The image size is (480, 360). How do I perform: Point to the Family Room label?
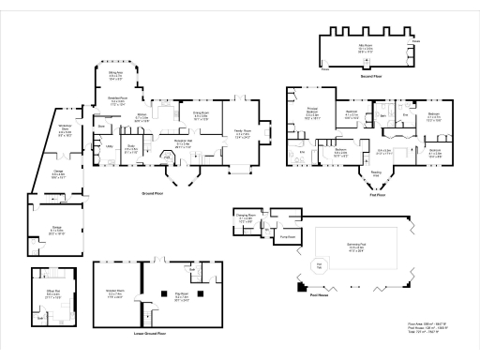tap(242, 135)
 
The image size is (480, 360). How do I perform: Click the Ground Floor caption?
tap(155, 192)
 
